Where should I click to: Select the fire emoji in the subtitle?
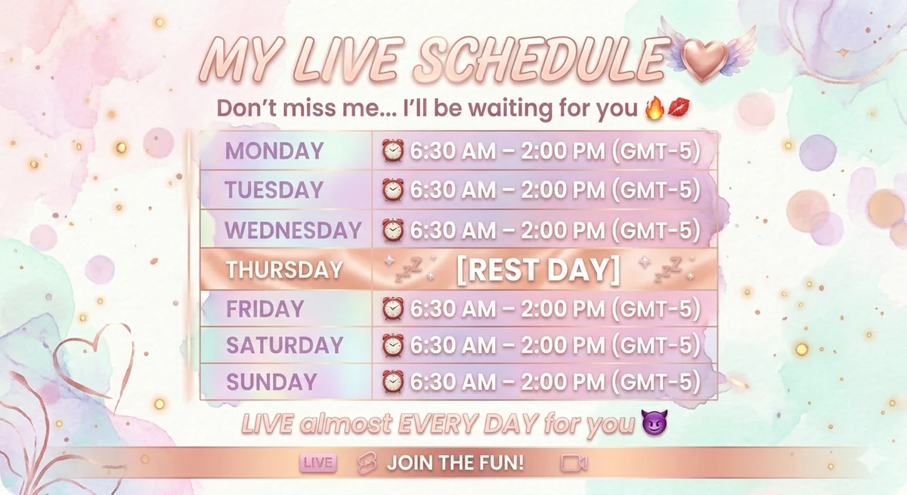click(x=654, y=108)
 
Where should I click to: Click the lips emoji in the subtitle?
click(x=679, y=107)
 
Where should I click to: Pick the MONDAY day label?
click(x=274, y=151)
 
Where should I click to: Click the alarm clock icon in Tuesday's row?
click(x=393, y=190)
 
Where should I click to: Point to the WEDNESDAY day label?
click(x=293, y=230)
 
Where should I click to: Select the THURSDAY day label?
click(x=284, y=270)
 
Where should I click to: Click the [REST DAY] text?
click(x=538, y=270)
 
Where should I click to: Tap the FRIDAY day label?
click(x=265, y=309)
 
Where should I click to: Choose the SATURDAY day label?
click(x=284, y=345)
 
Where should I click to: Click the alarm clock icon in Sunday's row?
click(x=393, y=382)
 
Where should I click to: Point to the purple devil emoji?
click(x=655, y=422)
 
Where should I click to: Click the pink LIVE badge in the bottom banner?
click(x=318, y=463)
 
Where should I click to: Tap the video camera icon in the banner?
click(x=574, y=463)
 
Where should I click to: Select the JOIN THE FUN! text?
click(x=455, y=463)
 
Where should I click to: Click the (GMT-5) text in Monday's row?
click(x=656, y=151)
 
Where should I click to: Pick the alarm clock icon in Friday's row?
click(x=393, y=309)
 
